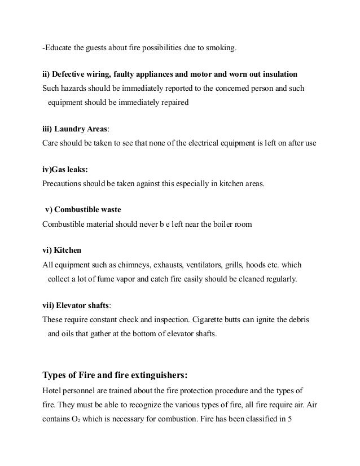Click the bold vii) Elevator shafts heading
pos(76,306)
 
